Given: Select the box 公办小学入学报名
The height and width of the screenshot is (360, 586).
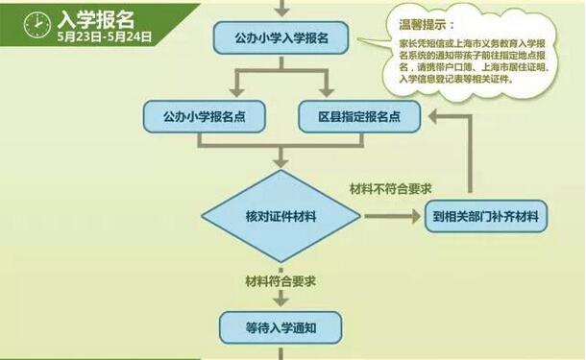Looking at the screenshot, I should pyautogui.click(x=281, y=39).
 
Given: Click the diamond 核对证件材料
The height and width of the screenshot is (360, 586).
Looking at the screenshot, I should pyautogui.click(x=281, y=216).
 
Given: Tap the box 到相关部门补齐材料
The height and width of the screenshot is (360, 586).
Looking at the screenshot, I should pyautogui.click(x=484, y=216).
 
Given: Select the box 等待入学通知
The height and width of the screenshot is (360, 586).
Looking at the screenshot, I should pyautogui.click(x=281, y=327).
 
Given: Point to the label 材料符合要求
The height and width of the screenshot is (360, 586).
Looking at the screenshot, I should pyautogui.click(x=281, y=280).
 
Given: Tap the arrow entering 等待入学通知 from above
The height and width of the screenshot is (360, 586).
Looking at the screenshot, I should pyautogui.click(x=281, y=300).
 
